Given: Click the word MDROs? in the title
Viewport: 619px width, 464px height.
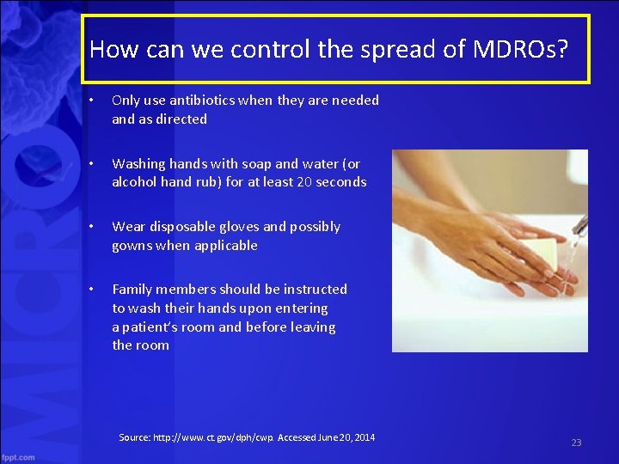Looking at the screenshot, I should coord(520,49).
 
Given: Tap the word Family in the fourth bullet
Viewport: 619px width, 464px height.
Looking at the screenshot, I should coord(133,290).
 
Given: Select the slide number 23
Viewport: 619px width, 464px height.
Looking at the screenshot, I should coord(576,443).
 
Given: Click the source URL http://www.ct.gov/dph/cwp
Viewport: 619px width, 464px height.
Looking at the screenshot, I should coord(214,437).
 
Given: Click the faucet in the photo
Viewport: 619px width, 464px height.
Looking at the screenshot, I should coord(579,226).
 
